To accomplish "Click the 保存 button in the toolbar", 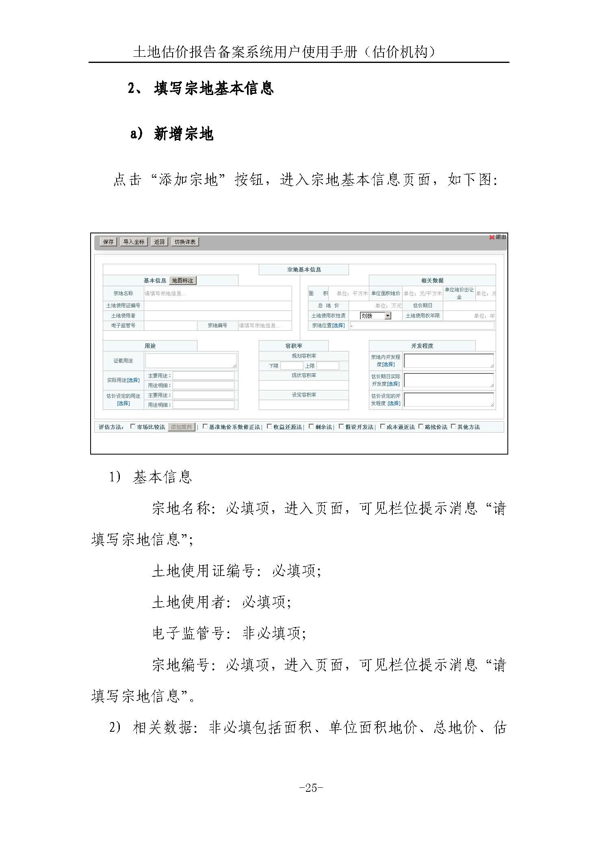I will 108,242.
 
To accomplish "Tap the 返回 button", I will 159,242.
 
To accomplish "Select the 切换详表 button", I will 185,242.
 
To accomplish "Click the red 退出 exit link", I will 498,237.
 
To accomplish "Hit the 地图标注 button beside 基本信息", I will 182,280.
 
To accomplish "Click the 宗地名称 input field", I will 218,293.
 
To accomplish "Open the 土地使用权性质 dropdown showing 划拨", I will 375,315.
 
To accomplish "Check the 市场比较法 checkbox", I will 133,427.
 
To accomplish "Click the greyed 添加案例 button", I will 181,427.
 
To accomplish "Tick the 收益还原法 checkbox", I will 269,427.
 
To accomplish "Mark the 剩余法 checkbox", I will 311,427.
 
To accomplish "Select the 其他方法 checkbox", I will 453,427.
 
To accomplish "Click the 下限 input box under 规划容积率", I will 291,366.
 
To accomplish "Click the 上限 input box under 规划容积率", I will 327,366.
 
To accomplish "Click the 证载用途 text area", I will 191,360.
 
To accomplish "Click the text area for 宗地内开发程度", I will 448,360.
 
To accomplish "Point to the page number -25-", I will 311,788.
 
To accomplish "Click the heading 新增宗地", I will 184,134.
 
